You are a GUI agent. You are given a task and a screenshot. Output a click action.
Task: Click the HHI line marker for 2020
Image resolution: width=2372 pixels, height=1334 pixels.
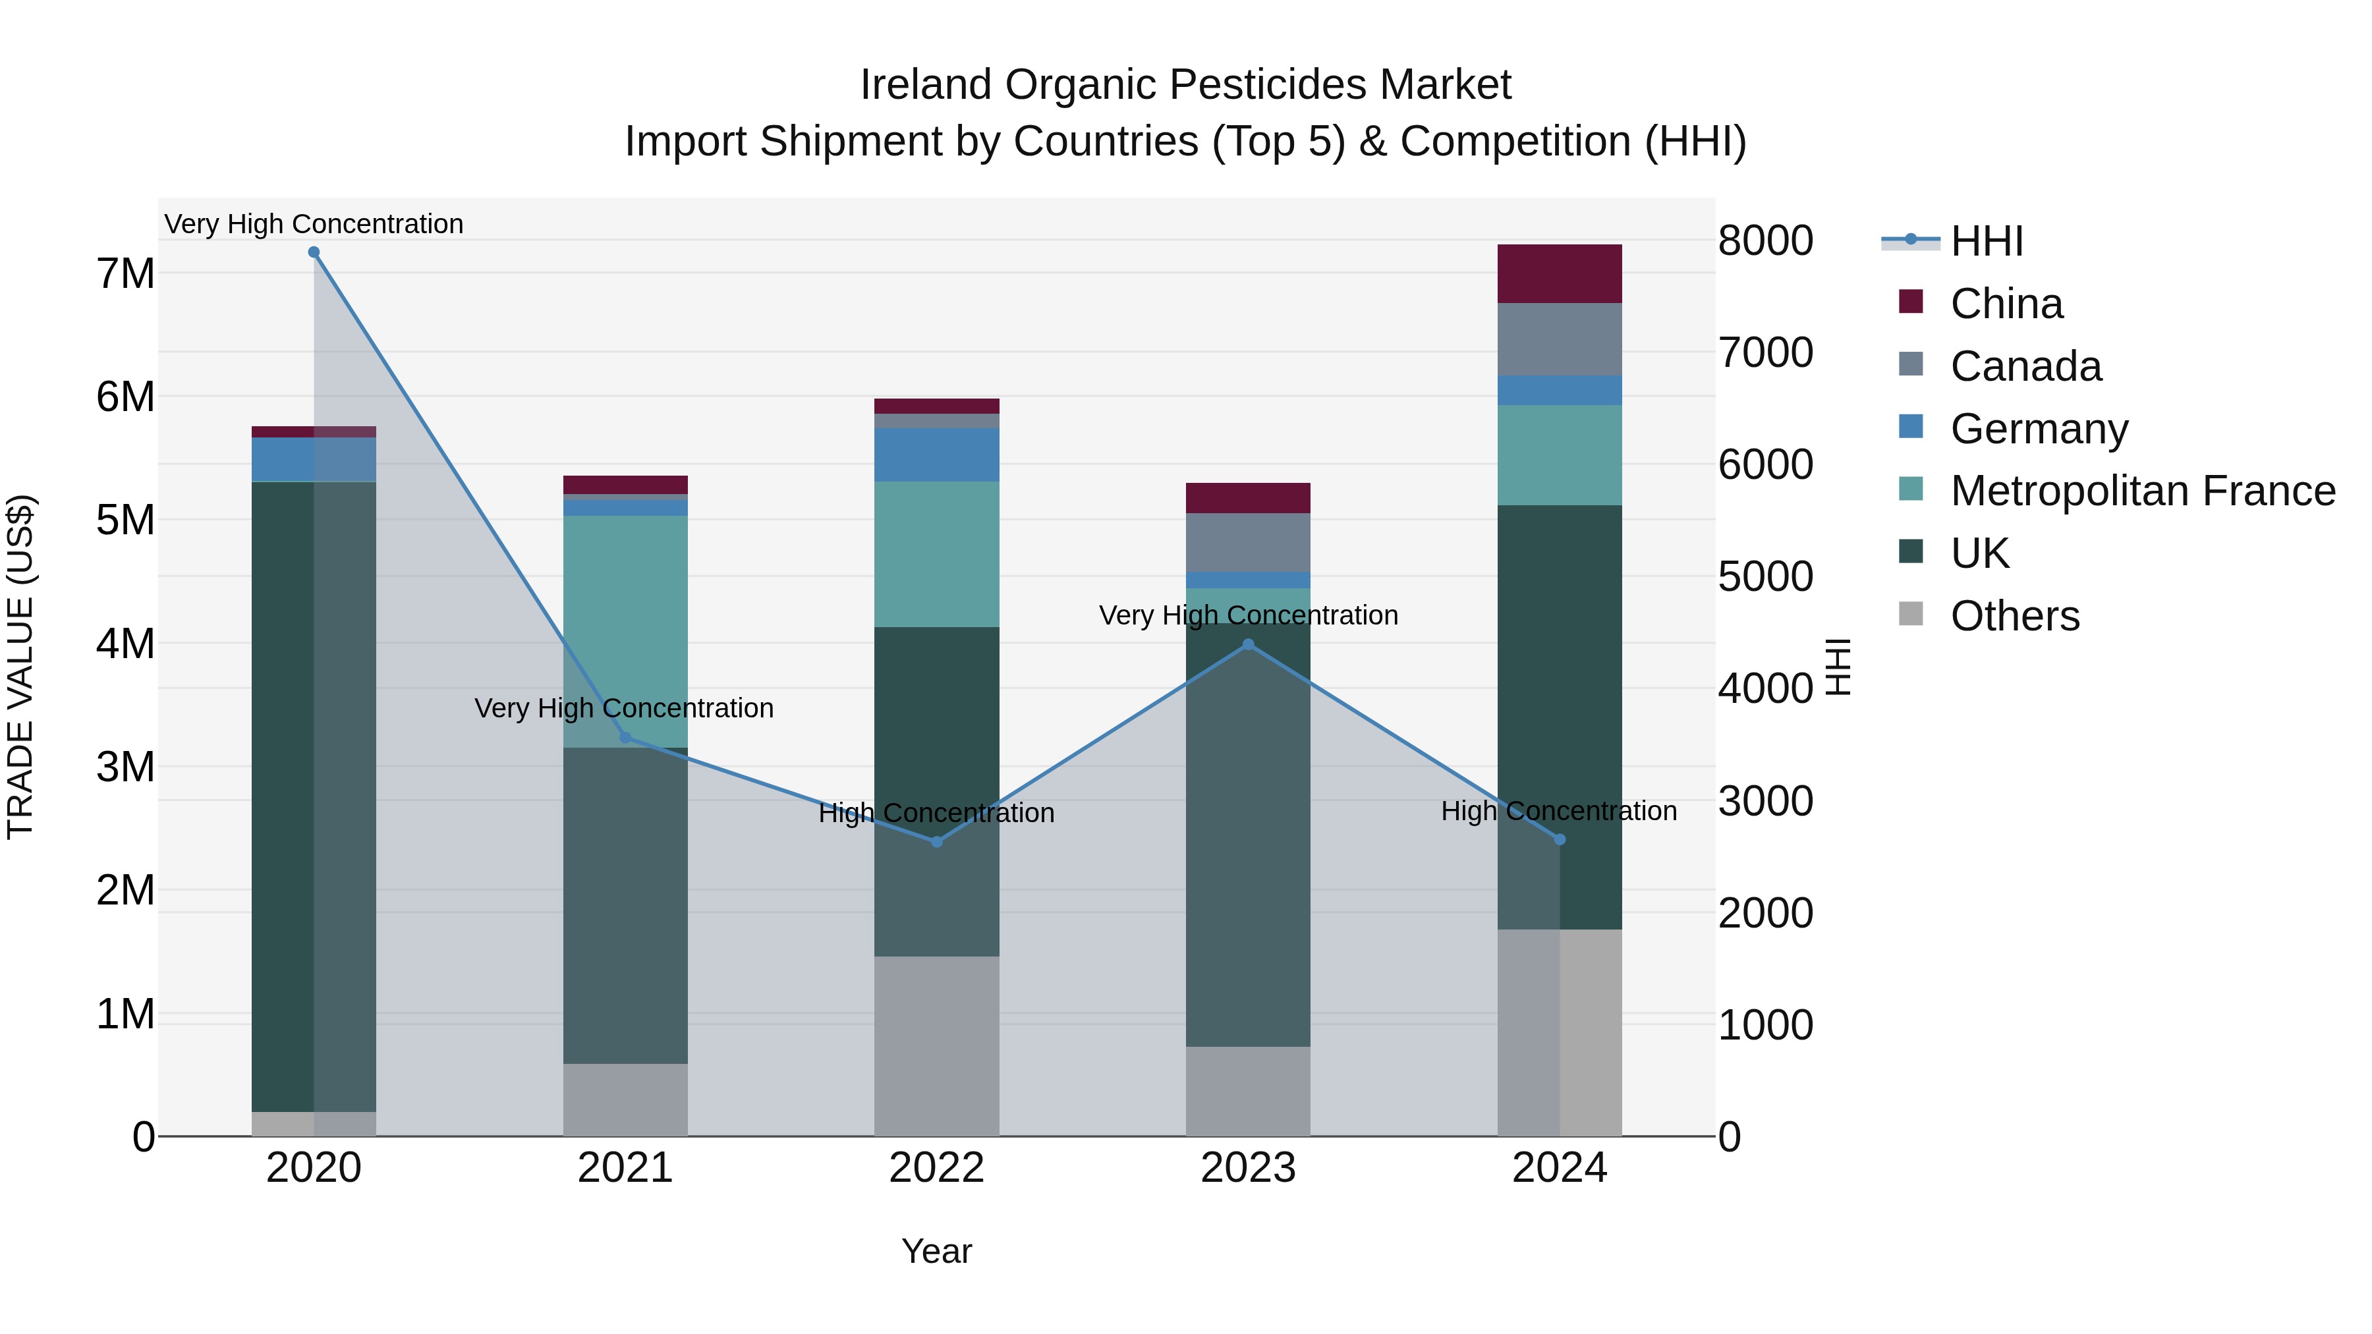tap(314, 252)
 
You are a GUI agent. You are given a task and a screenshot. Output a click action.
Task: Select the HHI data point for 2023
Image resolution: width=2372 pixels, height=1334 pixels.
tap(1248, 644)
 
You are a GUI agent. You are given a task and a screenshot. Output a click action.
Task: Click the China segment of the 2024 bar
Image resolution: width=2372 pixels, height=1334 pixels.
tap(1559, 273)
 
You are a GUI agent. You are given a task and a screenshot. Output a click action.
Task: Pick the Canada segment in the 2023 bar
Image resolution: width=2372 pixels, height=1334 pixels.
tap(1248, 542)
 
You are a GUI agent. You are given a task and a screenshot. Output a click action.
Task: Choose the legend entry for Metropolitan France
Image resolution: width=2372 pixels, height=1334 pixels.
tap(2142, 491)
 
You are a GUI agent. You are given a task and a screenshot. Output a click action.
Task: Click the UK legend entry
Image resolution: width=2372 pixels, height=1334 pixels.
tap(1980, 553)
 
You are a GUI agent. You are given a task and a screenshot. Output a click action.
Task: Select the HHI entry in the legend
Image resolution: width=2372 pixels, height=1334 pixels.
tap(1986, 241)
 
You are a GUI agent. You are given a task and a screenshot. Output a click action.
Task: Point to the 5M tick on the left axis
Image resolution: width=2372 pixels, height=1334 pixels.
tap(125, 520)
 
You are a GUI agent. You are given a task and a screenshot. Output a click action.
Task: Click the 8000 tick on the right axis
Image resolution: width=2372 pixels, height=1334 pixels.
tap(1765, 240)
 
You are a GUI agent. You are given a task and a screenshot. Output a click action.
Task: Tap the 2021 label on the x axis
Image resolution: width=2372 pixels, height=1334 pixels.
tap(625, 1168)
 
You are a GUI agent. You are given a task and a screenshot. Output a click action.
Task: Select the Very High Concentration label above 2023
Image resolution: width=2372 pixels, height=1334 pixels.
tap(1248, 615)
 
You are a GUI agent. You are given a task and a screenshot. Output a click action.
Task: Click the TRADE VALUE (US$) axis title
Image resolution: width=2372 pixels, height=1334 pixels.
tap(20, 667)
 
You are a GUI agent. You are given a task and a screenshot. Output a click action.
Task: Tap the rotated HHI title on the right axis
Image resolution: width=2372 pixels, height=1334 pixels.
tap(1838, 667)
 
